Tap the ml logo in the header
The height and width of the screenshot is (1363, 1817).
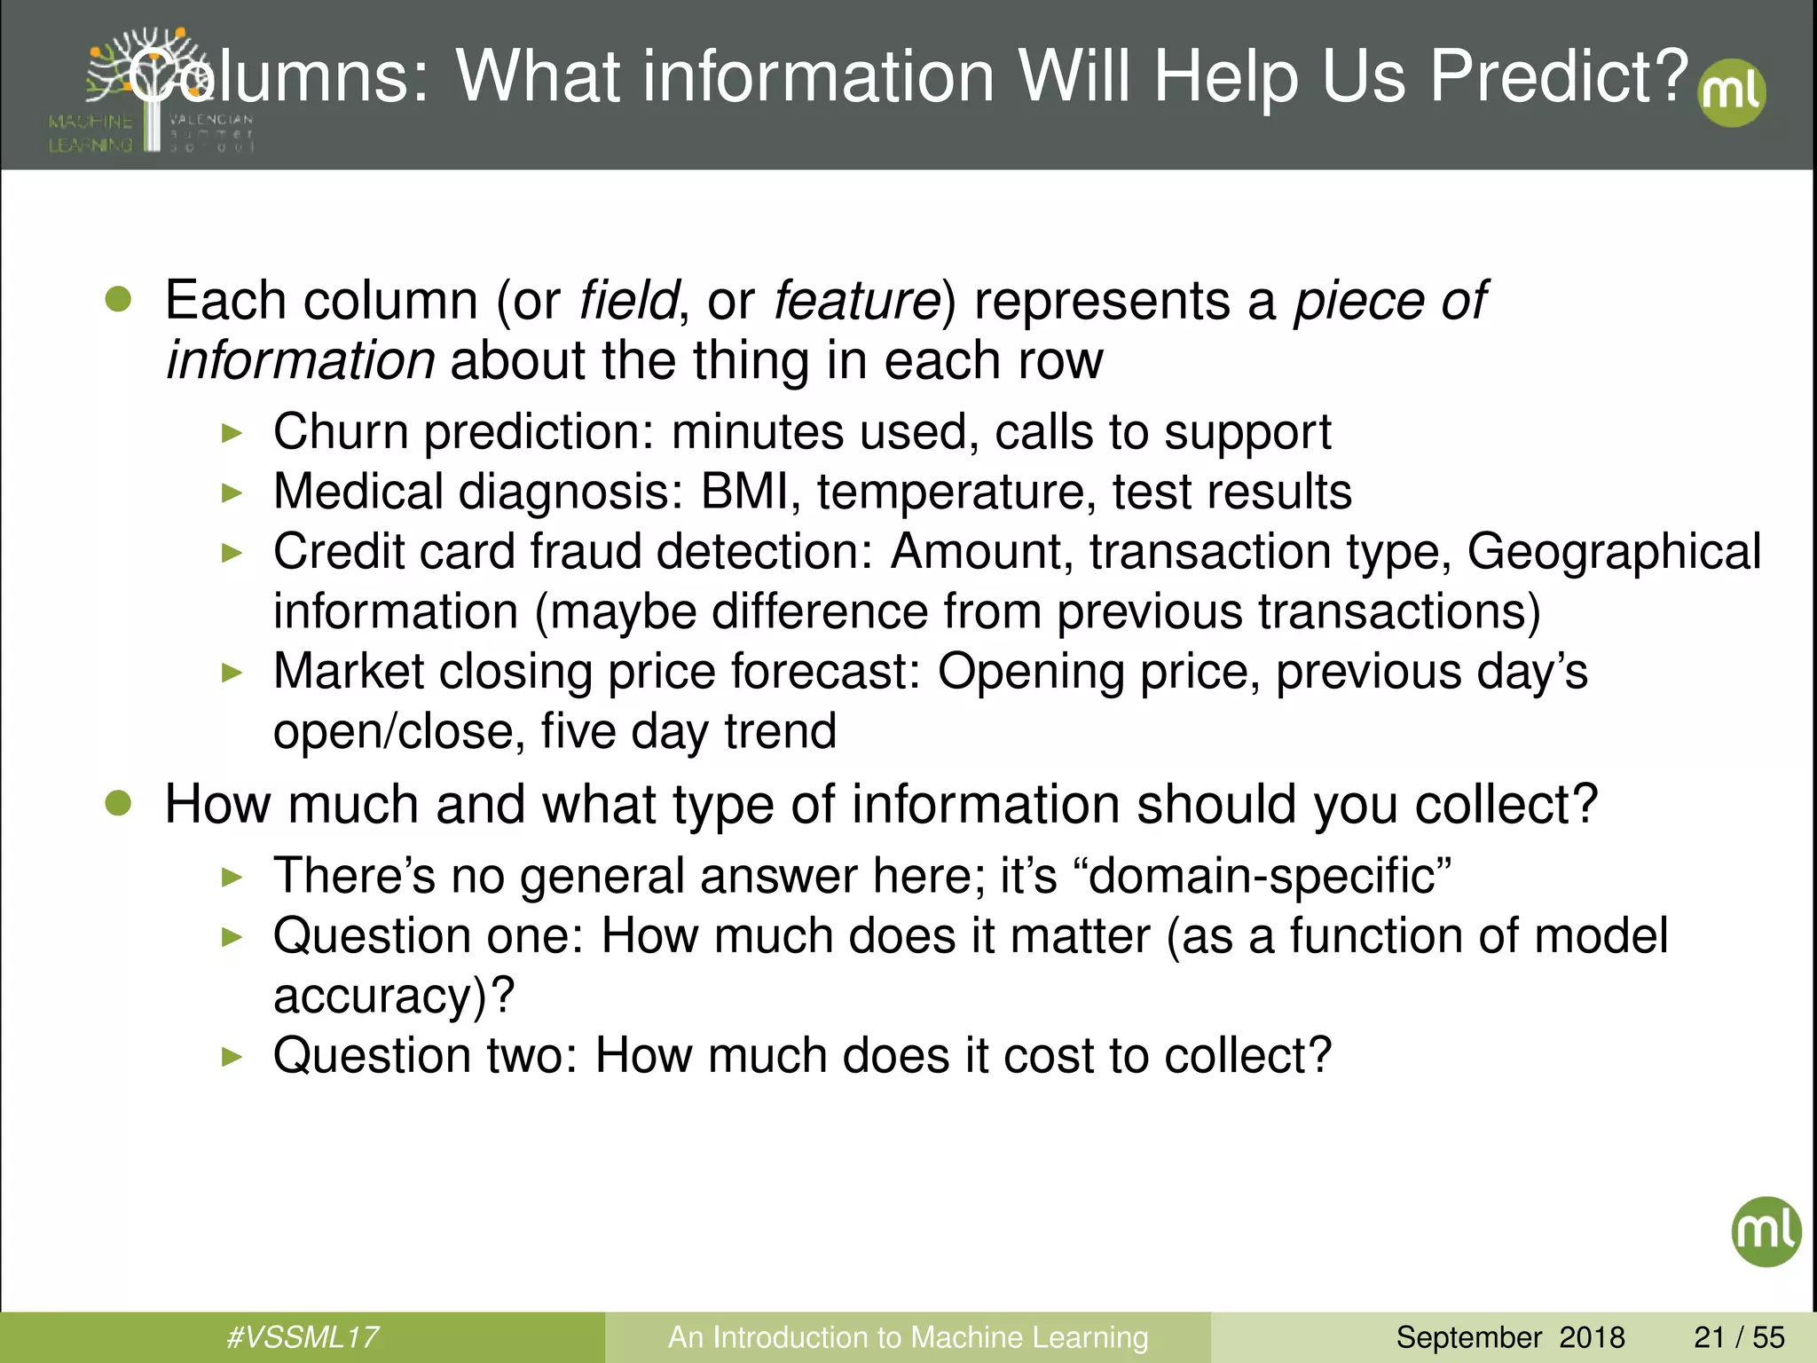point(1731,93)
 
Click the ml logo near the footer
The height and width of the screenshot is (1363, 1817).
point(1766,1231)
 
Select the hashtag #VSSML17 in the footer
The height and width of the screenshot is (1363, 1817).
point(303,1336)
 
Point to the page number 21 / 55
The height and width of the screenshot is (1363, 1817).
point(1739,1336)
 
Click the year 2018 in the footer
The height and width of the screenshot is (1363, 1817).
point(1592,1336)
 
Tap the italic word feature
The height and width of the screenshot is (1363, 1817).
point(856,300)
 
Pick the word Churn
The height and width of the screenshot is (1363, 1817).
point(341,432)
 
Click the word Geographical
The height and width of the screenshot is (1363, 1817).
point(1613,551)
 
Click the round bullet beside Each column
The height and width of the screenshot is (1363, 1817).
point(118,299)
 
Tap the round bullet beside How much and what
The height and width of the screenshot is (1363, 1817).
point(118,803)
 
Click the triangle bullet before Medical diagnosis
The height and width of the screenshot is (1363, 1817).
point(232,492)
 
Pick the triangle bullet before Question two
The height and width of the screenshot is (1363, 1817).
point(232,1056)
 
